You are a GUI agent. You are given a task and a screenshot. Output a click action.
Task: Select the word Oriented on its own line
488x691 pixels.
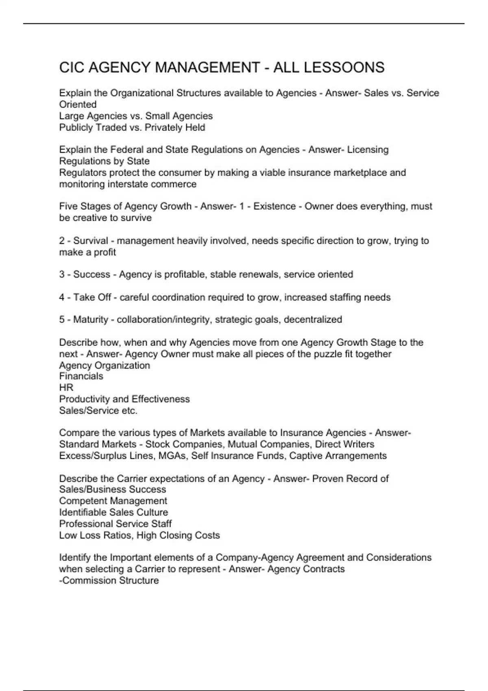pos(78,104)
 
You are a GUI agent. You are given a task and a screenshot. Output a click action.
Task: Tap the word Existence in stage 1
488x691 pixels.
pos(274,206)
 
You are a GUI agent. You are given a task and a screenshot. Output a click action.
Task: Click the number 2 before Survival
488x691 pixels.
pos(62,241)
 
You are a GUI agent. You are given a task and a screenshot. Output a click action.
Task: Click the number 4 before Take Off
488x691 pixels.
pos(62,297)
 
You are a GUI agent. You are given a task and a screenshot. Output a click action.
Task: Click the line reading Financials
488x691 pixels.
pos(81,376)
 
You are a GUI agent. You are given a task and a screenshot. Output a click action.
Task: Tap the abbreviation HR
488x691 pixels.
pos(66,387)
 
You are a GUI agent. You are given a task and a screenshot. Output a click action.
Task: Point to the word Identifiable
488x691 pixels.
pos(83,512)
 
